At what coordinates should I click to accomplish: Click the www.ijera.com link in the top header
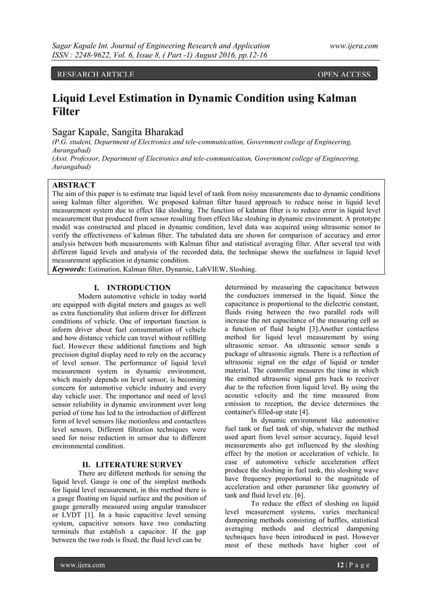[x=350, y=45]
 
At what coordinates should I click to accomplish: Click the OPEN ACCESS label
[x=344, y=74]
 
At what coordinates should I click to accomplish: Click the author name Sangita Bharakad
[x=153, y=130]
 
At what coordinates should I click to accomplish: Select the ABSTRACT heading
[x=74, y=185]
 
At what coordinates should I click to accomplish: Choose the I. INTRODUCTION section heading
[x=132, y=288]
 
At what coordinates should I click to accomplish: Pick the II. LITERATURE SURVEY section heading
[x=132, y=465]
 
